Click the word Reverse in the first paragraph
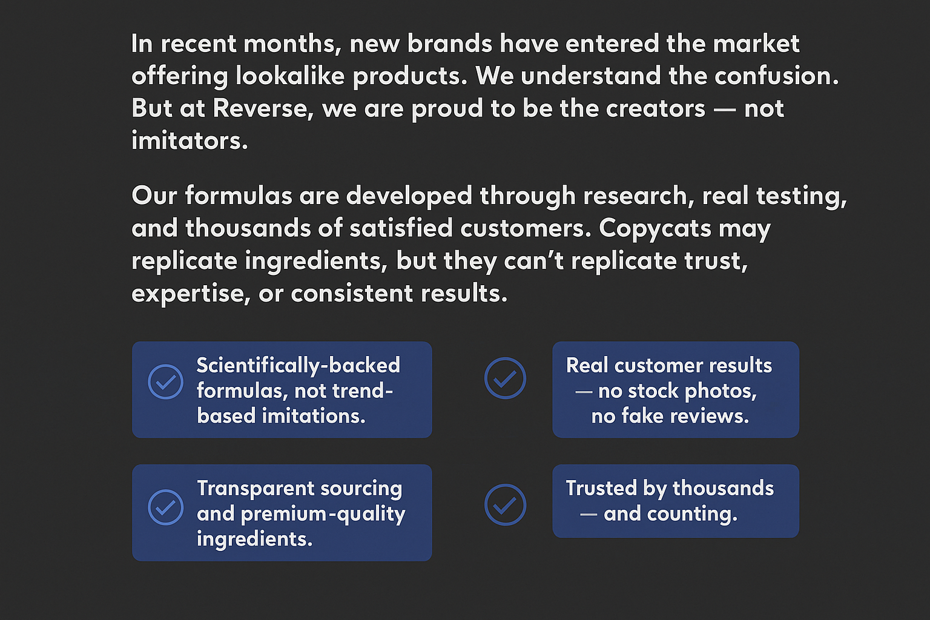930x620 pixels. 263,109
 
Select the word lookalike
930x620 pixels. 290,76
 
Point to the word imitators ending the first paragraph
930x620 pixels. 190,140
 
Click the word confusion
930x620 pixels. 776,76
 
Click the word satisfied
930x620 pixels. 401,228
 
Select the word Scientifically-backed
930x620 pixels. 298,366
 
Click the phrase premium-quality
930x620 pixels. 323,515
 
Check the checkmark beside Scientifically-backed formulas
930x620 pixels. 166,381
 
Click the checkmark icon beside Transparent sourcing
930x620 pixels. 166,507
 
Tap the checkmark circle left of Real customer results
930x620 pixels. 505,378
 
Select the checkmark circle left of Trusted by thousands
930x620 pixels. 505,504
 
